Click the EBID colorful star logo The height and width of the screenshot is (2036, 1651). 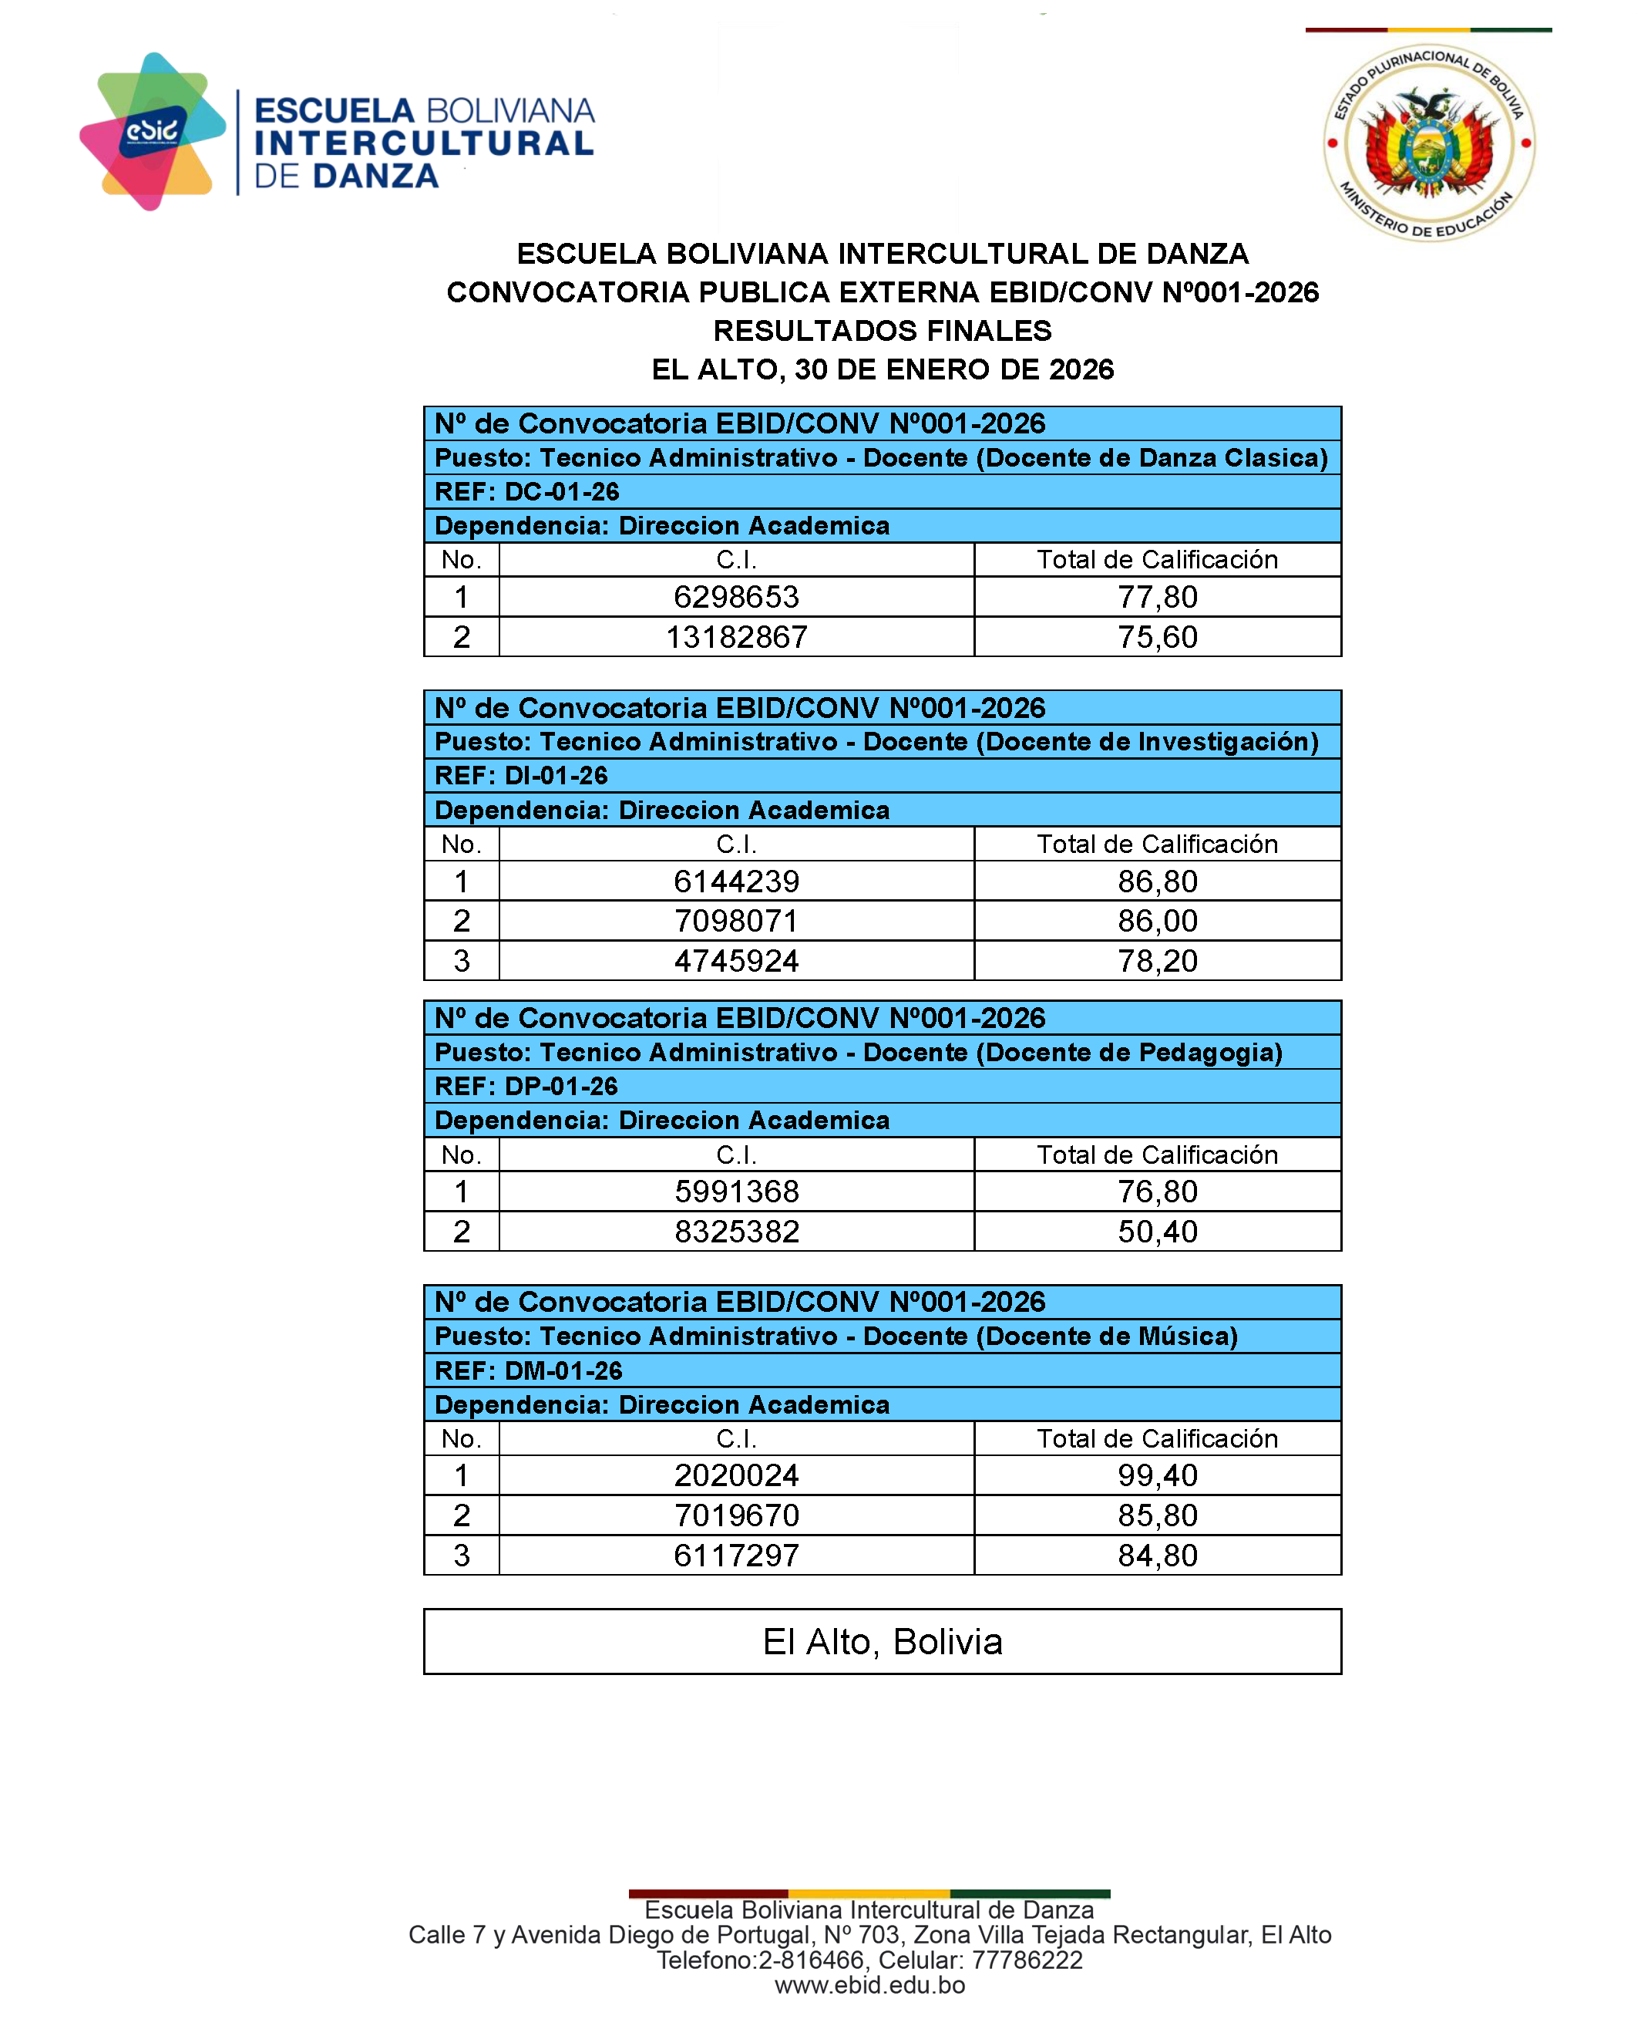pos(152,132)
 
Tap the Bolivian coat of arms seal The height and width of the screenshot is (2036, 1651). pos(1427,143)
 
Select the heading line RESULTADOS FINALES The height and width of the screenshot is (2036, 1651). pos(882,331)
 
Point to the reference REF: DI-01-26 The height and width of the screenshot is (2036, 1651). pos(521,775)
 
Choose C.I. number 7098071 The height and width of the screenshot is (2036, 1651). pos(736,920)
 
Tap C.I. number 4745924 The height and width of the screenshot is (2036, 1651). pos(736,960)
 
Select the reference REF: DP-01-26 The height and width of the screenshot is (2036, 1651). pos(526,1086)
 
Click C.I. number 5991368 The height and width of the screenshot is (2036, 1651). pos(736,1192)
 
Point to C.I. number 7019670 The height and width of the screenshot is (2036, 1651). pos(736,1515)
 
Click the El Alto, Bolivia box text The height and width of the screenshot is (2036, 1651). pos(882,1641)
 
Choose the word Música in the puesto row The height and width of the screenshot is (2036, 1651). pos(1182,1336)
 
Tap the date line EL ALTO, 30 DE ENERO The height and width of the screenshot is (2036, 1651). pos(882,369)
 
